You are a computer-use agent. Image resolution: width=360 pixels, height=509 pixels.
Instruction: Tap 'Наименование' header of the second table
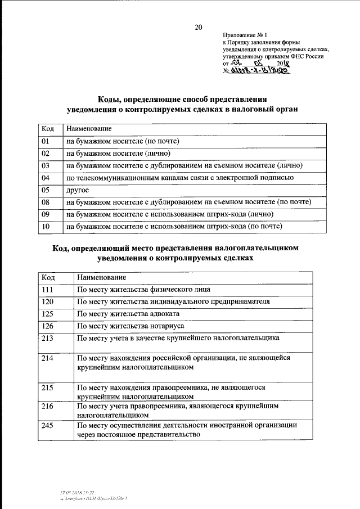(101, 278)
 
